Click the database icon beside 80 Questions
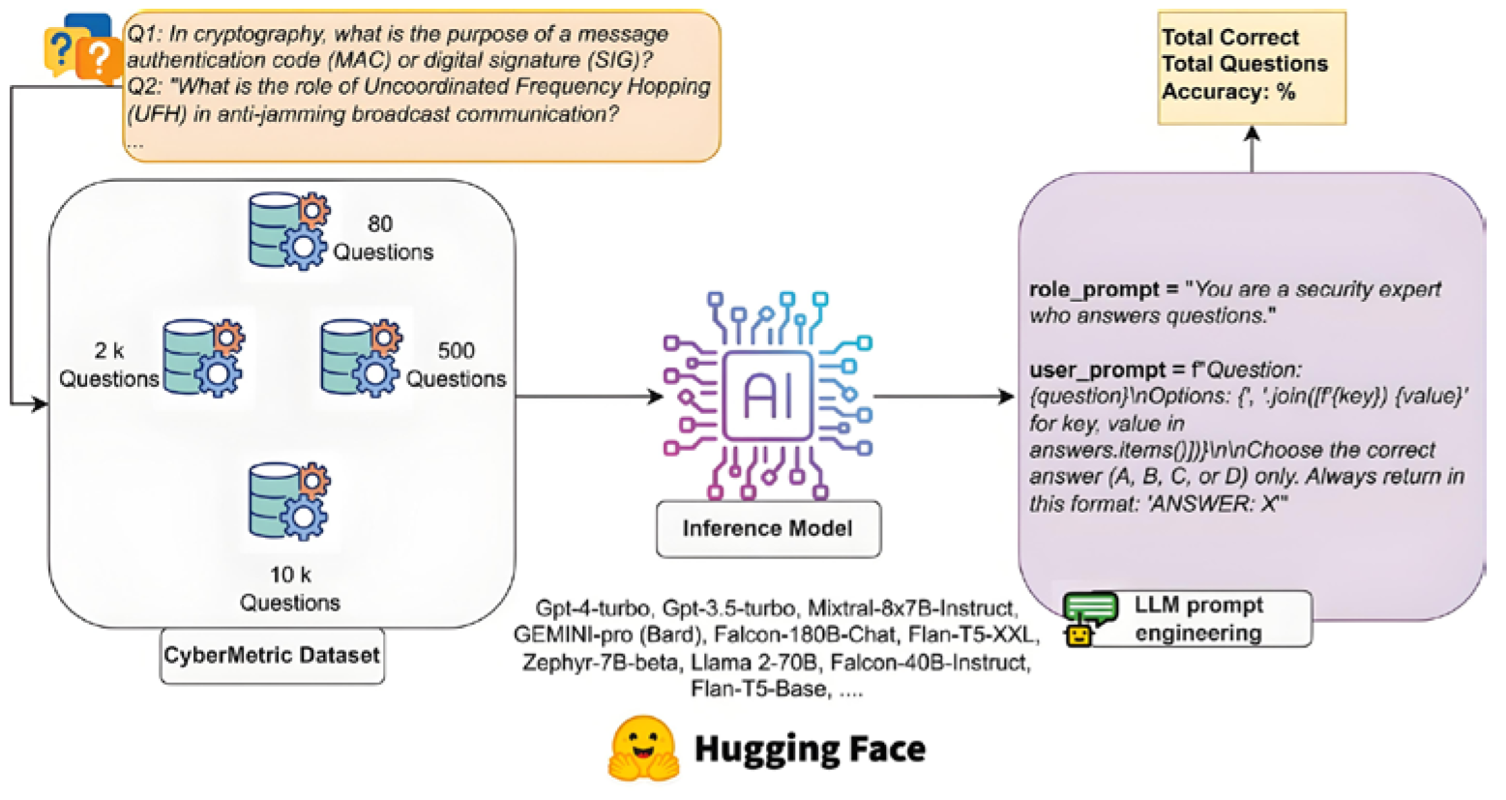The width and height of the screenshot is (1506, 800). pos(288,230)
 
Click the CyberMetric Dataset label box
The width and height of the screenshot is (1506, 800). pos(272,655)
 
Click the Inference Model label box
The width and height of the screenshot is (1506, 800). pos(768,528)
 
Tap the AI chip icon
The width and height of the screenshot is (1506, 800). pos(768,397)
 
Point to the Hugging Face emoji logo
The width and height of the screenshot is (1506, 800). pos(642,749)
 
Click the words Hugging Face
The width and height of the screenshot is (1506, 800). pos(810,749)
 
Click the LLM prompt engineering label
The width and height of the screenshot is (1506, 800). pos(1197,619)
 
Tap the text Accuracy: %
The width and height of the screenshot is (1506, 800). pos(1227,92)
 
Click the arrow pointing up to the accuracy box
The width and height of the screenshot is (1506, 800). pos(1252,150)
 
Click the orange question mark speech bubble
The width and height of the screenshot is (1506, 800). pos(97,55)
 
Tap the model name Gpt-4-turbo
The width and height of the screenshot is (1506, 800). pos(595,608)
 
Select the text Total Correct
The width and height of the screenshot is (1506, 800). pos(1229,37)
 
